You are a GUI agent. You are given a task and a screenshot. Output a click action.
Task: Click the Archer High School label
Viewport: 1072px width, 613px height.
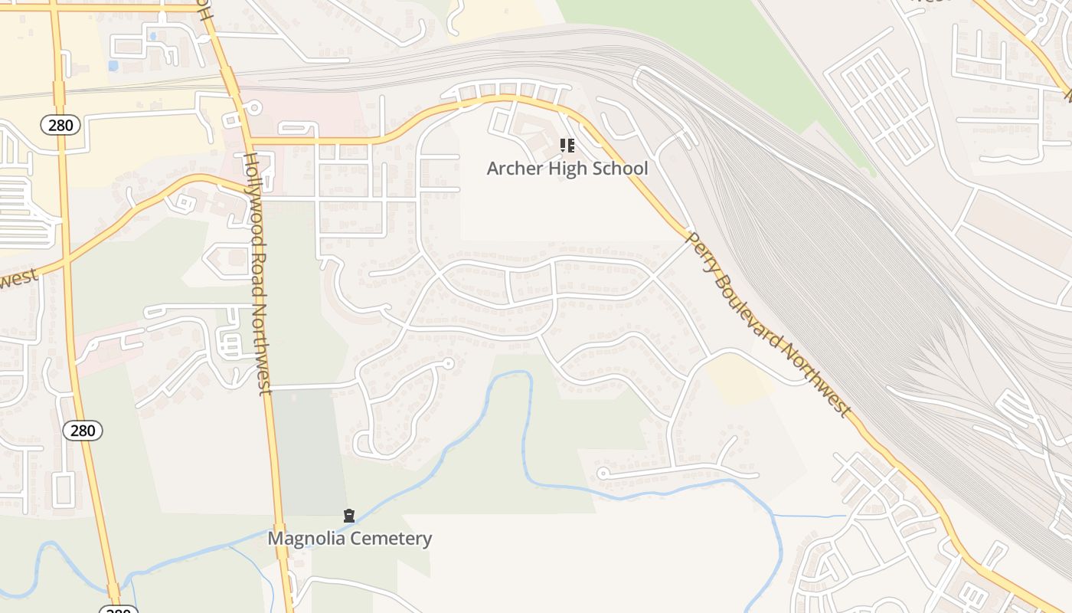click(x=567, y=169)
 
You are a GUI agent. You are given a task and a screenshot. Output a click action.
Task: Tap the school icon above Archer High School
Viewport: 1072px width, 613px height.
click(x=567, y=145)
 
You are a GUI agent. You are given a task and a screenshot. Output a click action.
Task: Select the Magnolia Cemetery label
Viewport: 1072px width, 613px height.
click(x=349, y=539)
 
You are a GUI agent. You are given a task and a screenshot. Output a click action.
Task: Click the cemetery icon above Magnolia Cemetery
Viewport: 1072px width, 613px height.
click(x=349, y=516)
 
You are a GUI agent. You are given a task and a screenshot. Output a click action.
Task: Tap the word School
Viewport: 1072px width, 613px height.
click(x=621, y=169)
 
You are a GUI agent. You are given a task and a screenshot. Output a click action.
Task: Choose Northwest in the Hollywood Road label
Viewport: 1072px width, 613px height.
click(x=263, y=349)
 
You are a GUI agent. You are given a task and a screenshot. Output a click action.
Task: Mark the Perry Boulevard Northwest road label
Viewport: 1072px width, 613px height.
click(x=769, y=326)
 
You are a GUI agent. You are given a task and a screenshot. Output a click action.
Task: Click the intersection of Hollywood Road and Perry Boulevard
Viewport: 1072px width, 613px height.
click(x=250, y=142)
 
